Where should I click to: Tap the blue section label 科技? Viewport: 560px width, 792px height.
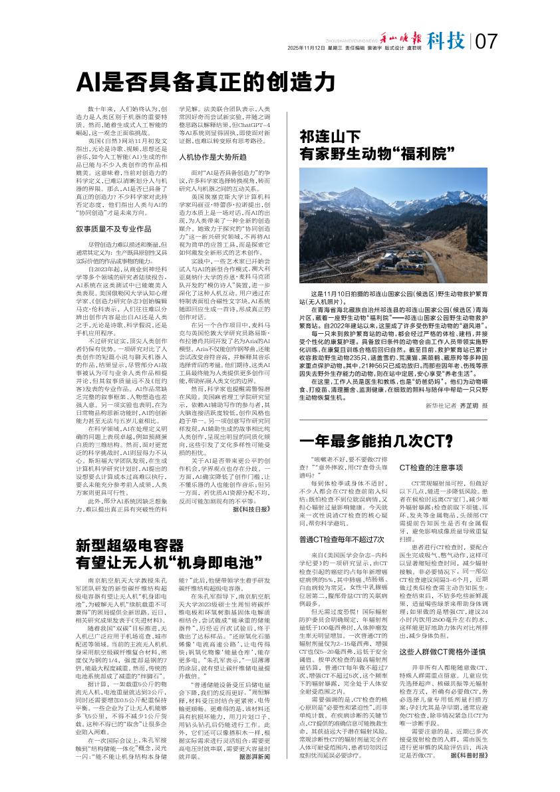point(446,41)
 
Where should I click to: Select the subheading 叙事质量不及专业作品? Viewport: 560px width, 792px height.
point(114,229)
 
